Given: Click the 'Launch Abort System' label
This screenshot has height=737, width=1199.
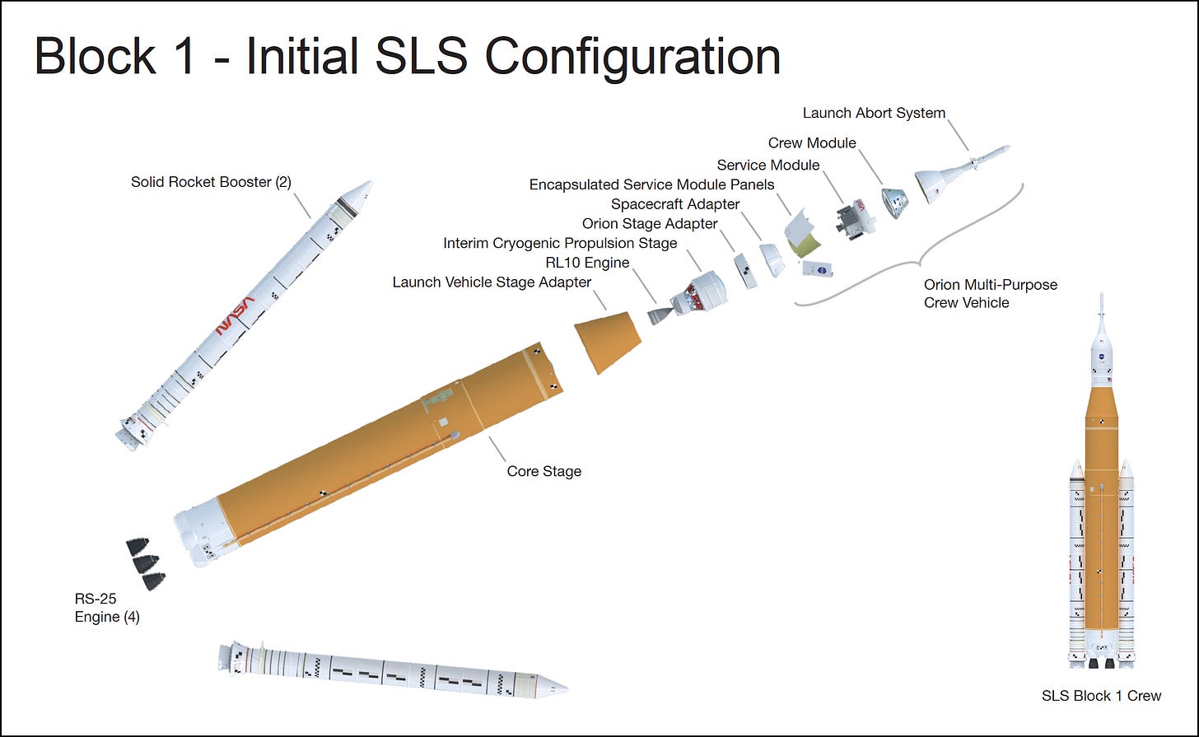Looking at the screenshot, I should tap(874, 113).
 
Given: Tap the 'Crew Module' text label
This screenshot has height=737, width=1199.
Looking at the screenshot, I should tap(812, 142).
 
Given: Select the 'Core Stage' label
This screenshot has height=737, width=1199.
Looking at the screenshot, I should tap(544, 471).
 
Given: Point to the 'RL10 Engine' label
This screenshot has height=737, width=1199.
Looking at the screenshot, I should tap(587, 263).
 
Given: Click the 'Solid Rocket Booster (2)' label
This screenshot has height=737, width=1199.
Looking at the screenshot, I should tap(211, 181).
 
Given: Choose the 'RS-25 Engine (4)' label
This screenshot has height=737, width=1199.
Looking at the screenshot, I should tap(107, 609).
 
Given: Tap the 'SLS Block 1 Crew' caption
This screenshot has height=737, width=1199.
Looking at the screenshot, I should tap(1101, 696).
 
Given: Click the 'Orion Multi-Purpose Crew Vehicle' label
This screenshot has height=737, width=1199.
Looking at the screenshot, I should tap(990, 293).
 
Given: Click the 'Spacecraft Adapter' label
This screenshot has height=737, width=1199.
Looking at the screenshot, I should tap(675, 203).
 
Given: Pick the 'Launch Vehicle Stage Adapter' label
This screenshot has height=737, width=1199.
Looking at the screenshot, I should tap(492, 282).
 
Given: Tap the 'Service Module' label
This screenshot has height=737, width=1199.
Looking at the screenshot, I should tap(767, 165).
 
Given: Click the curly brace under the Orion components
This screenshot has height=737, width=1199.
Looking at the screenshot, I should tap(914, 262).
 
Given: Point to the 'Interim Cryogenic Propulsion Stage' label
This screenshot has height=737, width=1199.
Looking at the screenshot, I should tap(560, 243).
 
